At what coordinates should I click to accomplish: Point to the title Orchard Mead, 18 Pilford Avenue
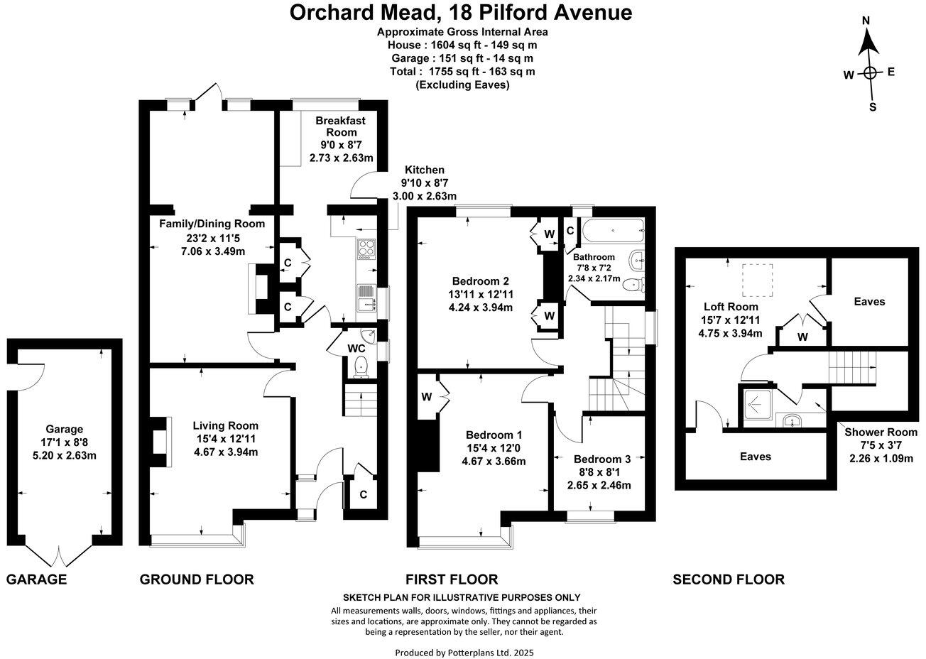point(462,12)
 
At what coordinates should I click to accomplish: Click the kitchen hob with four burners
point(366,249)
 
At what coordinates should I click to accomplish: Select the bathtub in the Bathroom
point(611,229)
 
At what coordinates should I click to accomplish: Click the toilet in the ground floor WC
point(361,366)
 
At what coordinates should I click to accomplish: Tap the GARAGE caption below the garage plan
point(36,579)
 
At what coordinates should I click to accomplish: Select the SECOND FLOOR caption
point(729,579)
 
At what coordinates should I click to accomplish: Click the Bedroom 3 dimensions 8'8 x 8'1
point(599,472)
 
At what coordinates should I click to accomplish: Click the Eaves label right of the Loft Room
point(869,302)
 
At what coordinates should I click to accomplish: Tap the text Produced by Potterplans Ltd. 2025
point(464,652)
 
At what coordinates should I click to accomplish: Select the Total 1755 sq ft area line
point(462,72)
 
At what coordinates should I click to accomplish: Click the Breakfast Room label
point(341,126)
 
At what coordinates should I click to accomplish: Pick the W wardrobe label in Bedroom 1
point(428,396)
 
